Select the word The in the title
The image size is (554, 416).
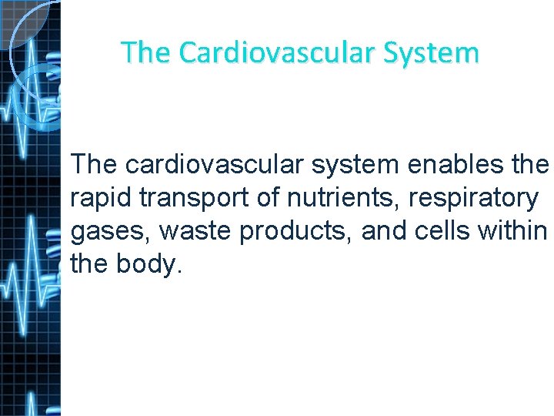pos(145,52)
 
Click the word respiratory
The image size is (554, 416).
pos(473,198)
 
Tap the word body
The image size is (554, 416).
pos(150,264)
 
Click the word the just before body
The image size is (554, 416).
pos(88,264)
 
